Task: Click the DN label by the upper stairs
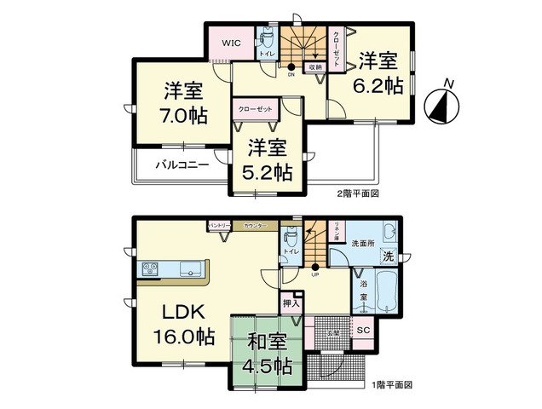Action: point(291,74)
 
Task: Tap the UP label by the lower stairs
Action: point(314,275)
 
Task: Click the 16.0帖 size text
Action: point(183,336)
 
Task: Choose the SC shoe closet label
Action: point(361,330)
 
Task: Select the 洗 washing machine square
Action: point(388,256)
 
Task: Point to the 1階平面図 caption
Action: point(391,385)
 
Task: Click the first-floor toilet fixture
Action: point(290,239)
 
